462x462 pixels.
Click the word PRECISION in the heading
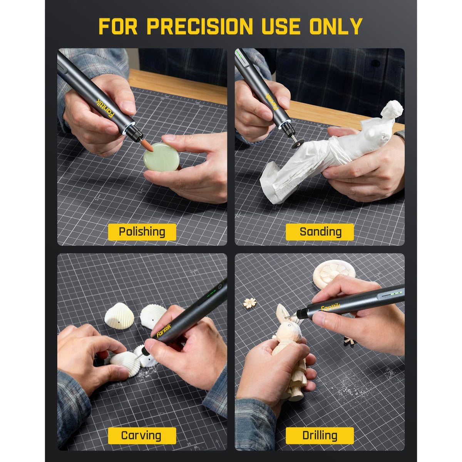click(199, 27)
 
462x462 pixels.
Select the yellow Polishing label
click(142, 232)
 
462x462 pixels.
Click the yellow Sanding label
click(320, 232)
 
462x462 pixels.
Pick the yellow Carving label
click(141, 435)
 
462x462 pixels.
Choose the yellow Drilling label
click(320, 435)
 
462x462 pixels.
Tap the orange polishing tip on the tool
click(147, 146)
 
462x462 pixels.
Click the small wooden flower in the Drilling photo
click(250, 303)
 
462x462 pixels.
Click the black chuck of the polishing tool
click(134, 133)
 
